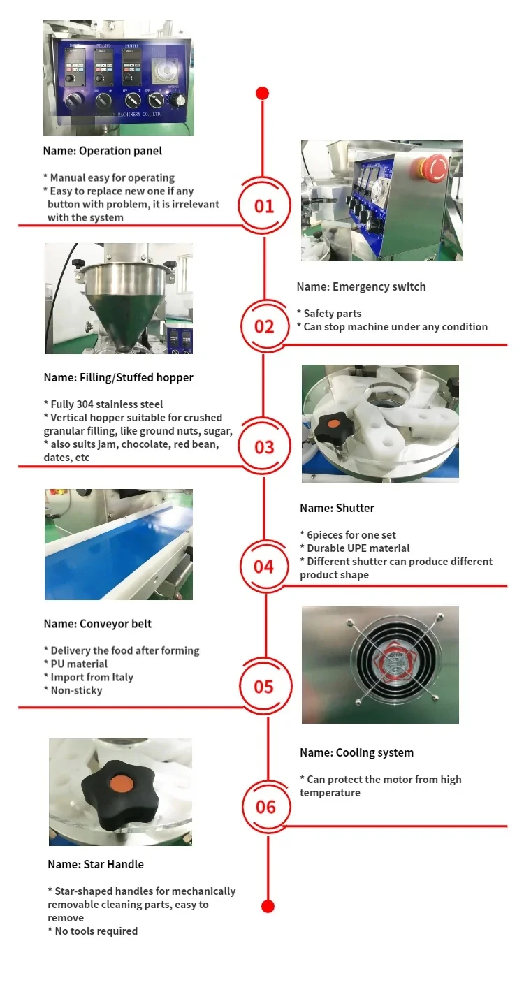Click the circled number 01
[264, 206]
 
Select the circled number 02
[264, 326]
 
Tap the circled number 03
[264, 446]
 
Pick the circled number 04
[264, 566]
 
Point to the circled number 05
[264, 687]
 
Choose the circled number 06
[266, 807]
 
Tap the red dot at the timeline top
[262, 93]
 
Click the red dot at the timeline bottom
[268, 906]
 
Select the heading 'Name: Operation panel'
[102, 151]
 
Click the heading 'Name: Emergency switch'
[361, 286]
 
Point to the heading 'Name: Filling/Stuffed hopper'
[118, 377]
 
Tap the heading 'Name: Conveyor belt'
[97, 624]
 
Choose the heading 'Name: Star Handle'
[96, 864]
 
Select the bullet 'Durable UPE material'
[358, 548]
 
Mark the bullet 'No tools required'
[95, 931]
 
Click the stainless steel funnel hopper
[122, 300]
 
